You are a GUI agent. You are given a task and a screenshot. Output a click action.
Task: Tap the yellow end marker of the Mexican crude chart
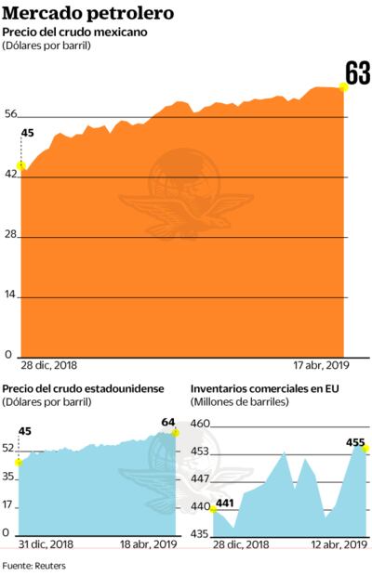(343, 87)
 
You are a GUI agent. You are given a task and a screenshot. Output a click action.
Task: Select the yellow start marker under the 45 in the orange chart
(21, 165)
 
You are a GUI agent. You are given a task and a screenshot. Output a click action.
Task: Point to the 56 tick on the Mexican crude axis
(11, 113)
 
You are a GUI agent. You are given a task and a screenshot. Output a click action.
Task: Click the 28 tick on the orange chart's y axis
(11, 234)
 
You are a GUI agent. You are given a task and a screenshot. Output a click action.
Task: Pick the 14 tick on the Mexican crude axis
(11, 295)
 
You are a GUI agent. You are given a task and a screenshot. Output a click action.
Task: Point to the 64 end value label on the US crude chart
(168, 423)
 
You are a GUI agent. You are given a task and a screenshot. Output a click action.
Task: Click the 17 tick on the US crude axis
(9, 504)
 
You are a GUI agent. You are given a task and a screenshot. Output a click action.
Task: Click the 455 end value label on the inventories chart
(355, 442)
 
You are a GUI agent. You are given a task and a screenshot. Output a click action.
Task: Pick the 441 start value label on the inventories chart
(224, 504)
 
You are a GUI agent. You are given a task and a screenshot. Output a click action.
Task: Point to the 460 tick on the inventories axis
(200, 424)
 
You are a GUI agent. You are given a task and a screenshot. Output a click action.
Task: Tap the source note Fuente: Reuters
(33, 564)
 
